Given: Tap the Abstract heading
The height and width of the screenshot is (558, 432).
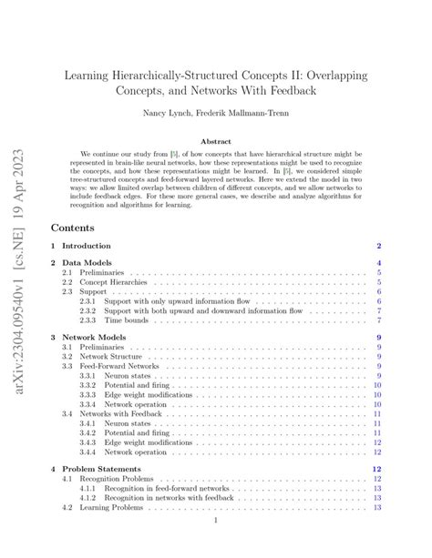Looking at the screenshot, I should [215, 142].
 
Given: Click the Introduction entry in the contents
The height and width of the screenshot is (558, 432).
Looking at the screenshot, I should [87, 246].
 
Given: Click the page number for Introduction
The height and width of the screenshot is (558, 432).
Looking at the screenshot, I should [378, 246].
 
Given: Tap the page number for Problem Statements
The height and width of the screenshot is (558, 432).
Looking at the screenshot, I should [376, 469].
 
